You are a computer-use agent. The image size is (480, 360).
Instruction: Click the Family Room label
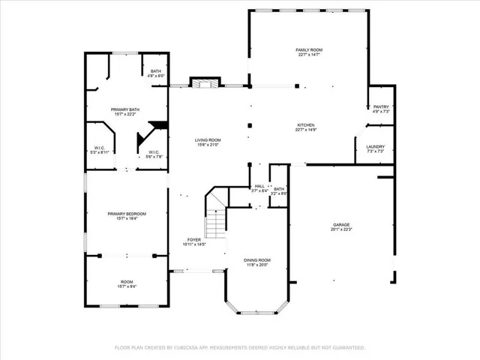308,50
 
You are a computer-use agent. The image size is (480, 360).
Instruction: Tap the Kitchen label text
305,125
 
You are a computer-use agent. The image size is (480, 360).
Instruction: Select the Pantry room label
381,107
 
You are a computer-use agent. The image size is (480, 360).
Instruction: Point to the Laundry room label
375,147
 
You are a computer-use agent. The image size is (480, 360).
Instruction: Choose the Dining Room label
257,260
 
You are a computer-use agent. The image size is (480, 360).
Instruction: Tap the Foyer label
194,240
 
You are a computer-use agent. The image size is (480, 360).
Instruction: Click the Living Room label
208,140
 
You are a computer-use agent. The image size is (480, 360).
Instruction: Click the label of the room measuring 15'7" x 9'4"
127,282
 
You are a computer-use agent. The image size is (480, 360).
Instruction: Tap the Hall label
259,187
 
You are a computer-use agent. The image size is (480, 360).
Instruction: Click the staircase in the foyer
216,217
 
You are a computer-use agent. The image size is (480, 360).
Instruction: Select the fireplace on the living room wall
203,83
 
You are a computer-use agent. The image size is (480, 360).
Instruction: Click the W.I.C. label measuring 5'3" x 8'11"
100,148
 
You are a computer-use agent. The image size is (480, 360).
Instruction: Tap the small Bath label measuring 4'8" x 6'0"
155,72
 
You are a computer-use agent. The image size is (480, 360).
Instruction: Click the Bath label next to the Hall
279,190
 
